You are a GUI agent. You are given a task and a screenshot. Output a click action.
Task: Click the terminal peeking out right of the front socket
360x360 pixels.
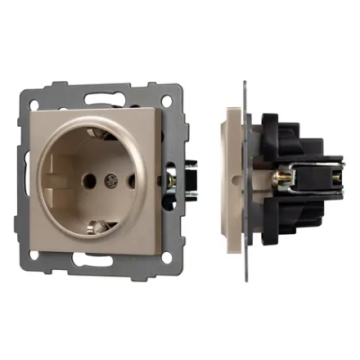pyautogui.click(x=173, y=176)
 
